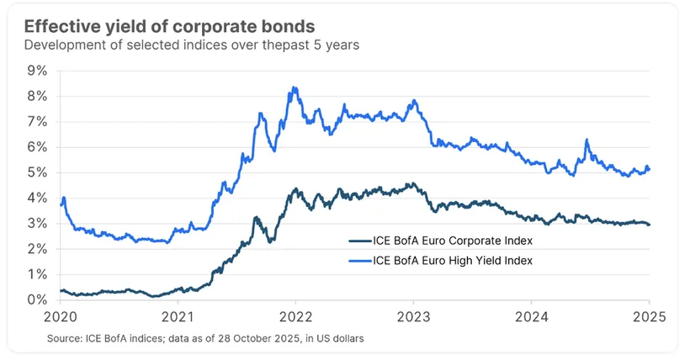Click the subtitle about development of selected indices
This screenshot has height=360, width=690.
192,45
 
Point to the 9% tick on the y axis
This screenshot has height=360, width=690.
38,71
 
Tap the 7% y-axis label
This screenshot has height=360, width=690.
38,122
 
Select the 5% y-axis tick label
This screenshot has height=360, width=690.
38,172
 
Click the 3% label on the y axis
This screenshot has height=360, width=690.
38,224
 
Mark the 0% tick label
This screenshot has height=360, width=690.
38,299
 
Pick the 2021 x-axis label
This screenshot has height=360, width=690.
177,317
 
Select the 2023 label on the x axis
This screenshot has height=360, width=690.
413,317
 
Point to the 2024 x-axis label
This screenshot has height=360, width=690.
532,317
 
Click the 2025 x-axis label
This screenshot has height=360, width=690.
649,317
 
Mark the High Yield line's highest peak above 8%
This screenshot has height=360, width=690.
292,87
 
